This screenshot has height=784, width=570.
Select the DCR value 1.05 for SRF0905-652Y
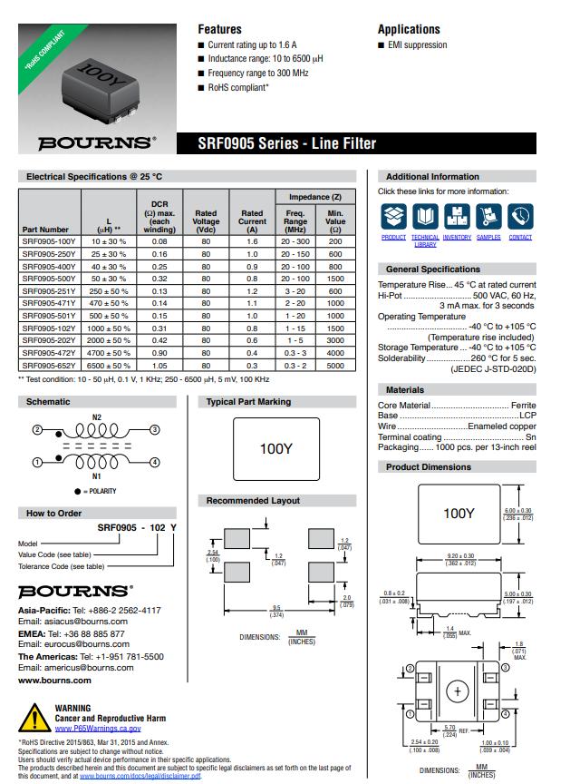tap(159, 366)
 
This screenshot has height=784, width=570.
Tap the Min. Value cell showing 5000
tap(335, 366)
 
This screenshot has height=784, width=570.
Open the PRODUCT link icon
tap(393, 217)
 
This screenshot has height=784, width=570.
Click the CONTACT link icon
tap(520, 217)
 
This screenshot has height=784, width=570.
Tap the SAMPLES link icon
tap(488, 217)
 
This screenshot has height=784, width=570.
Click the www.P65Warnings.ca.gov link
tap(98, 728)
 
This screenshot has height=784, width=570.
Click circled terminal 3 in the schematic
tap(155, 429)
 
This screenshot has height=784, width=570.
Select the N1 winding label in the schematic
tap(97, 475)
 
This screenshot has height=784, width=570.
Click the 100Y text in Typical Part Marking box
tap(275, 448)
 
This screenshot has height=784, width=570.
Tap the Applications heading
tap(409, 29)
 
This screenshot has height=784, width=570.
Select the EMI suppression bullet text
tap(418, 45)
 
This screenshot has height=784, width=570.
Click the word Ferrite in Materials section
tap(523, 405)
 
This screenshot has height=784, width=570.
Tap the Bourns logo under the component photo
tap(96, 142)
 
